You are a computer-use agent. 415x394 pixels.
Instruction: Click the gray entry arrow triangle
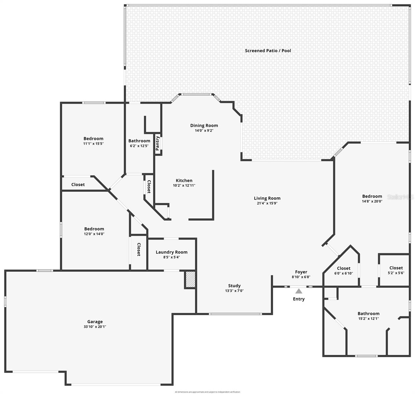298,291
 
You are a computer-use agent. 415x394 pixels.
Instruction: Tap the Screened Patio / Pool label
268,51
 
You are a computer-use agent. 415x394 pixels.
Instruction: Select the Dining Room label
204,125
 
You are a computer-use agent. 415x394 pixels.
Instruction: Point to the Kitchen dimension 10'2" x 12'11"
184,186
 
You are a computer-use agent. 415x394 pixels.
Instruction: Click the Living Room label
267,198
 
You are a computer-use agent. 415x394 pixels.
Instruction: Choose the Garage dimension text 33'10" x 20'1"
95,327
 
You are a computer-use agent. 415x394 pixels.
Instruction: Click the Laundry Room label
171,252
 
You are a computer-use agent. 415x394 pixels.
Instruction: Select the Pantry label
158,143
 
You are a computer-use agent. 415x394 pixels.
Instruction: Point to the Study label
234,286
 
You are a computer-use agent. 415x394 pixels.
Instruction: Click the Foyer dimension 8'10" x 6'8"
301,277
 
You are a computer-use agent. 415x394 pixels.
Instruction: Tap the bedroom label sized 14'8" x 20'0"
372,196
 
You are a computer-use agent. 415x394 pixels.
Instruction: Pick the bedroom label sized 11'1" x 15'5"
93,139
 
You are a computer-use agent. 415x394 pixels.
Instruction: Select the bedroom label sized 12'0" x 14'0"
94,229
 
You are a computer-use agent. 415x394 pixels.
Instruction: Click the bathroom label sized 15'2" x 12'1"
368,314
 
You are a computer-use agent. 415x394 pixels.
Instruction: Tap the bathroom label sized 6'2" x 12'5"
139,141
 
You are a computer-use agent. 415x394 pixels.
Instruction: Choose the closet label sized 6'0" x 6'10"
343,268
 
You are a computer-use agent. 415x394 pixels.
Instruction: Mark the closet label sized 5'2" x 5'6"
396,268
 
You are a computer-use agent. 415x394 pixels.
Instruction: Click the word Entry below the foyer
299,299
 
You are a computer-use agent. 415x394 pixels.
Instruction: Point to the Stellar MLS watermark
401,197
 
